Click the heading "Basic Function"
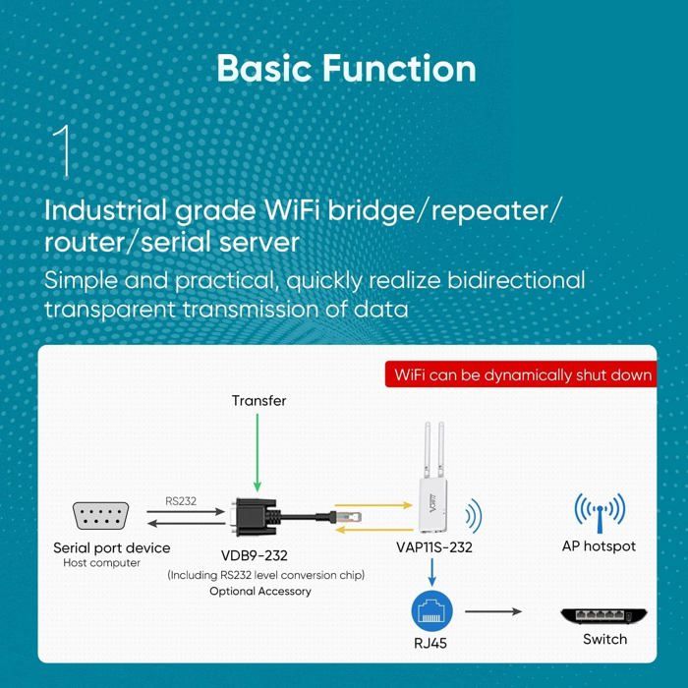[345, 69]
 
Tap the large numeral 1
[64, 151]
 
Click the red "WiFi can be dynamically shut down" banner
[522, 374]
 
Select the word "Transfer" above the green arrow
[258, 400]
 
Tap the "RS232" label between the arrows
[182, 500]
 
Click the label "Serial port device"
[111, 547]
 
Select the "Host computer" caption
[102, 563]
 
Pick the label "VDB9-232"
[255, 555]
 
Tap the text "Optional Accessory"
[259, 591]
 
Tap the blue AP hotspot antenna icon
[599, 513]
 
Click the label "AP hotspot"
[599, 545]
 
